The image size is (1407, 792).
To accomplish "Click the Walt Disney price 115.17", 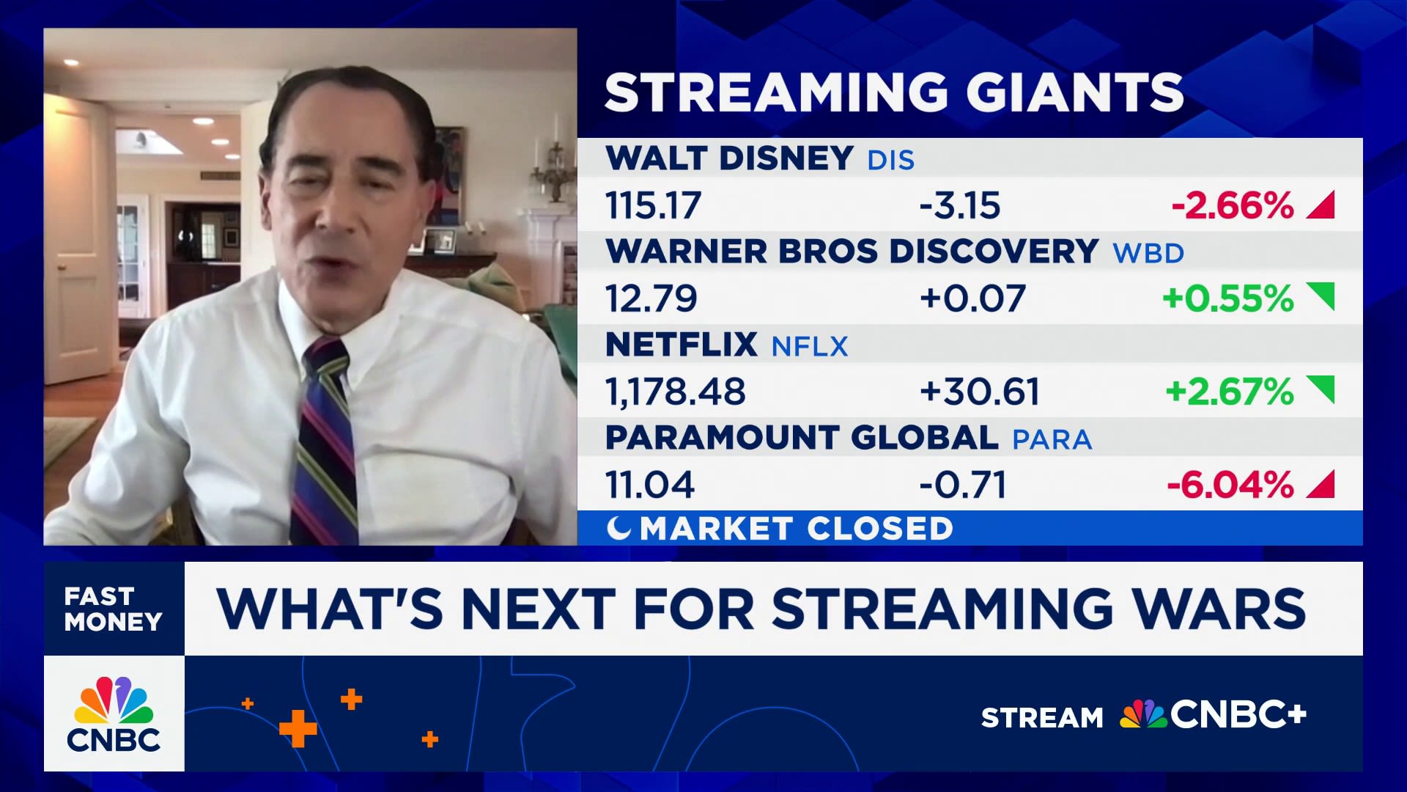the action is (x=653, y=205).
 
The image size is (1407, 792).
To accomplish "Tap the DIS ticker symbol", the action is (x=891, y=160).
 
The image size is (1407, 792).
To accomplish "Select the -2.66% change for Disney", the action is (x=1233, y=205).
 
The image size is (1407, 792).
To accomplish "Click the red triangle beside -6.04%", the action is (x=1321, y=484).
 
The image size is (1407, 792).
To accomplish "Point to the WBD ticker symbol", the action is (x=1148, y=253).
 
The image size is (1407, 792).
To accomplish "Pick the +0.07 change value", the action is (x=972, y=298).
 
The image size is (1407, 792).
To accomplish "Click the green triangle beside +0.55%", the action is (x=1321, y=297).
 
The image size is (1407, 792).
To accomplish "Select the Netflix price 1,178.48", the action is (x=675, y=392).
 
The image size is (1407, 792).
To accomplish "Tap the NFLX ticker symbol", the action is (x=810, y=346).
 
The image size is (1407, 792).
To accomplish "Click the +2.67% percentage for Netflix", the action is (x=1230, y=392).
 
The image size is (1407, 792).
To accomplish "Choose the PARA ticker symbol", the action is (x=1052, y=439).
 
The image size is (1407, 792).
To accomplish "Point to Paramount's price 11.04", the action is (x=649, y=485).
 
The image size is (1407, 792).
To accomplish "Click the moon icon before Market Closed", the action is (x=618, y=528).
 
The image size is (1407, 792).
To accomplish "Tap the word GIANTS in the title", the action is (x=1074, y=92).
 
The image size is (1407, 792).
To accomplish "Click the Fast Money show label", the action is (x=114, y=609).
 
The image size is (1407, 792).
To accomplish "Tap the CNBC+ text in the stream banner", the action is (x=1238, y=715).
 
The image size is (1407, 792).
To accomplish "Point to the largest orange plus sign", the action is (x=298, y=729).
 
